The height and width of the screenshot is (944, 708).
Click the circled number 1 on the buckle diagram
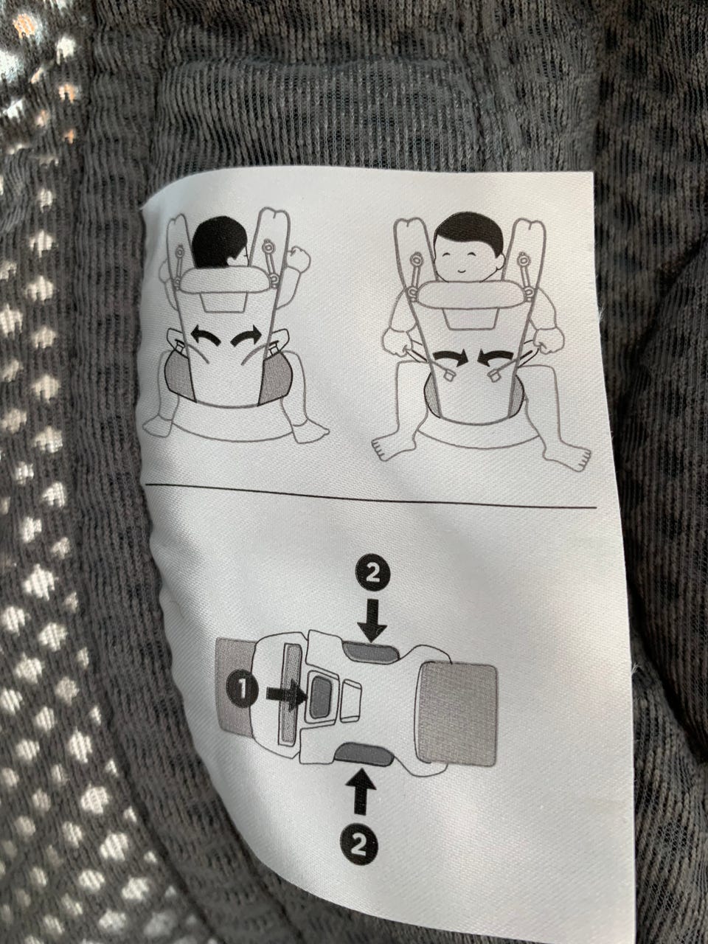click(243, 689)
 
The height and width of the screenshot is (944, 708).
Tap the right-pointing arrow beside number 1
click(286, 693)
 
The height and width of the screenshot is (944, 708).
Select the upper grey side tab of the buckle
click(372, 653)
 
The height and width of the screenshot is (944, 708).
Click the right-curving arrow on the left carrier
click(246, 335)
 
